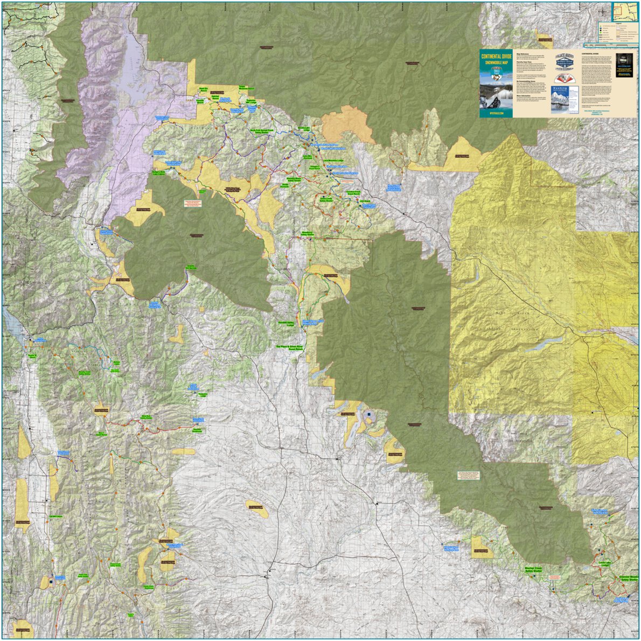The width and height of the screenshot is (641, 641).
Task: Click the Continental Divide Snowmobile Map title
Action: [x=496, y=60]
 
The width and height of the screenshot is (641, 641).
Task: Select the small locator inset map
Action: [x=625, y=11]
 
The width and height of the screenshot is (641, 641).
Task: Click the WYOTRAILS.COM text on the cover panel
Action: [x=496, y=114]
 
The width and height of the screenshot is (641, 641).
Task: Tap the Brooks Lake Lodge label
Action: [x=306, y=129]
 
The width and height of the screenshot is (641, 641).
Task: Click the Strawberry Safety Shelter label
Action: [x=308, y=234]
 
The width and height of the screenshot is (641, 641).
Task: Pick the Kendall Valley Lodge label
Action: [x=286, y=324]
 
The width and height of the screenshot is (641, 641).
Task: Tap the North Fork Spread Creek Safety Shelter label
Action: [x=262, y=131]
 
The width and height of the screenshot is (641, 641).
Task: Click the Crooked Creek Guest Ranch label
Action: [x=353, y=192]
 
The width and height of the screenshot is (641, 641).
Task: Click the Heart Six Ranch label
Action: [x=203, y=89]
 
